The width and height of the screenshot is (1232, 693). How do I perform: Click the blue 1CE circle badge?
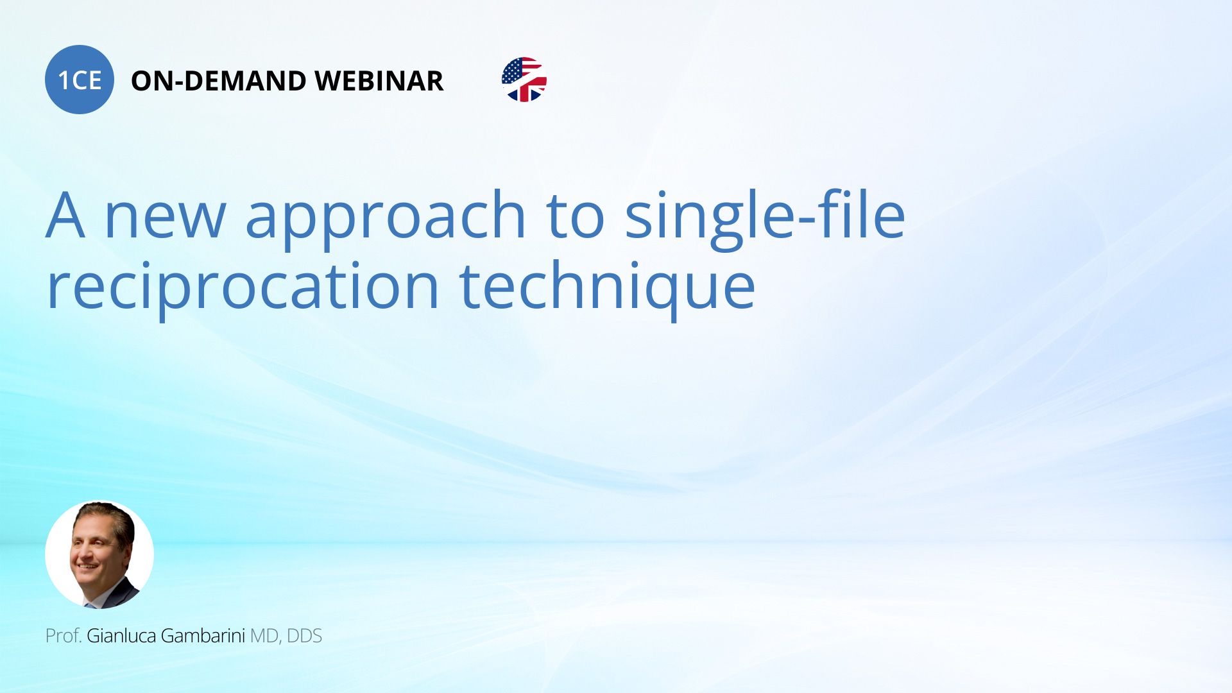coord(80,80)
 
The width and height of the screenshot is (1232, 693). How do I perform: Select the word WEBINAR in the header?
coord(379,81)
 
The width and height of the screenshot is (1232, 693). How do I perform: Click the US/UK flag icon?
coord(524,80)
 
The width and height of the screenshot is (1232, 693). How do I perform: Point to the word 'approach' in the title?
coord(386,218)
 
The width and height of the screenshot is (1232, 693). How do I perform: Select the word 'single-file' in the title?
coord(765,215)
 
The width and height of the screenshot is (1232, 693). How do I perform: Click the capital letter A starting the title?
coord(65,215)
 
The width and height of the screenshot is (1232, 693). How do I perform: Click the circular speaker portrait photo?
coord(99,554)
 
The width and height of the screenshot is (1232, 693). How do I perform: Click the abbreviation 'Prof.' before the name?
coord(64,636)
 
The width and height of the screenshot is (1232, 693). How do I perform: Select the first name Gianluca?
coord(121,636)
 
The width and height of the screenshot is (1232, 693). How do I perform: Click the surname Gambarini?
coord(203,636)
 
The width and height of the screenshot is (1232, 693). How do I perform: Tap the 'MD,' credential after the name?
coord(266,637)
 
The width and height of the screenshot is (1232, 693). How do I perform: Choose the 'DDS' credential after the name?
coord(304,636)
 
